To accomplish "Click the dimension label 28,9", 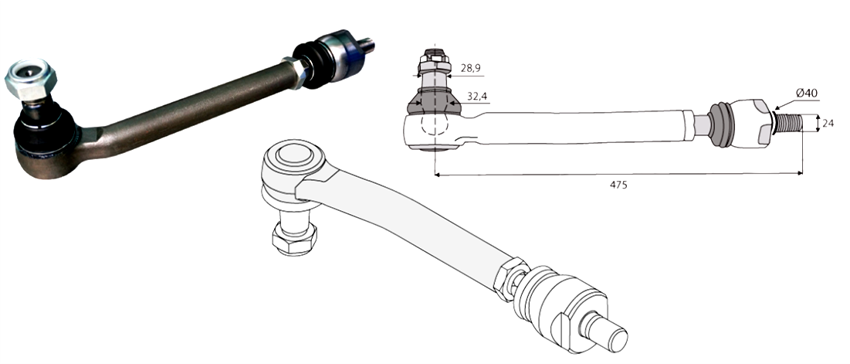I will (470, 69).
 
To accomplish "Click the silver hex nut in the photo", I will (25, 80).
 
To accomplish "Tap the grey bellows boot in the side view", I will (720, 123).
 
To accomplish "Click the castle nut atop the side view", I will (434, 60).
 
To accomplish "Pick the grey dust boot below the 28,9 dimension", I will (434, 101).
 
